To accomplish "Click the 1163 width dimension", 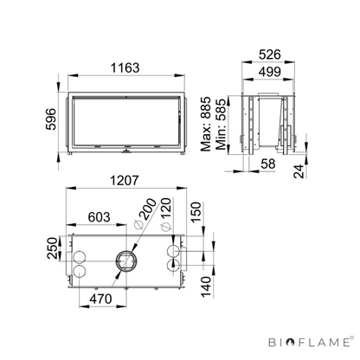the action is pos(125,68).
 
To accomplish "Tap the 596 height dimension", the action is pos(51,119).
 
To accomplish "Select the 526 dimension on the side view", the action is pos(270,55).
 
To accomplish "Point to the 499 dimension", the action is pos(270,72).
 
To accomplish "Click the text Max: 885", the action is pos(206,124).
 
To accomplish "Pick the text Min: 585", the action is pos(222,125).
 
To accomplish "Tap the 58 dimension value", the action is pos(268,164).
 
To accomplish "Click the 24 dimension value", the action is pos(299,171).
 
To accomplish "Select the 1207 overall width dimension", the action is pos(125,181).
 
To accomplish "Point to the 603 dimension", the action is pos(99,217).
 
